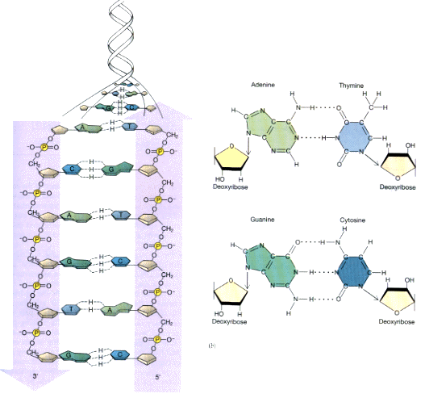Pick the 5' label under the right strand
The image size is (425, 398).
[156, 378]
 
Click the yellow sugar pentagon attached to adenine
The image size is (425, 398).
[234, 157]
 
